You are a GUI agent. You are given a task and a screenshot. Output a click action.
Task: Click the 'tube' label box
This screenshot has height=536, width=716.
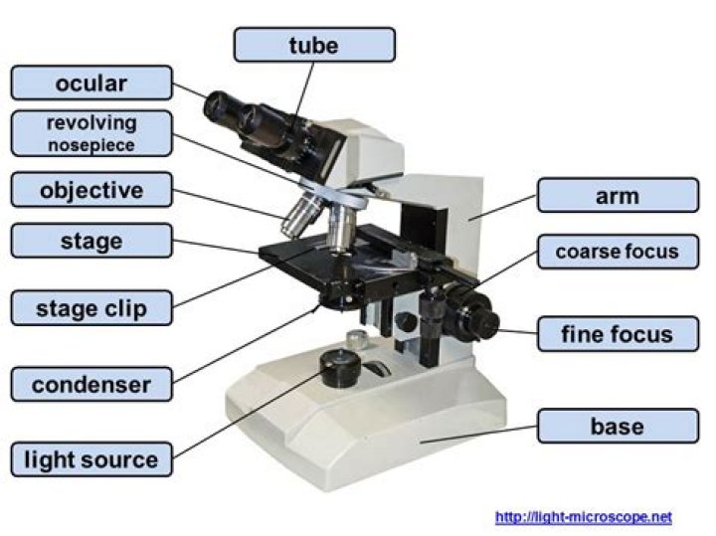tap(314, 45)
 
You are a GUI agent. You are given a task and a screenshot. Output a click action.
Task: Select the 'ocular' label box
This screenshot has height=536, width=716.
tap(91, 83)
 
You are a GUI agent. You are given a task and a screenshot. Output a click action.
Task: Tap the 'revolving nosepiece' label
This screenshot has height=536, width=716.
tap(91, 133)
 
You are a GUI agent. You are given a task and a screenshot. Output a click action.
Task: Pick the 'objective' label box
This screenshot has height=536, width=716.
tap(91, 189)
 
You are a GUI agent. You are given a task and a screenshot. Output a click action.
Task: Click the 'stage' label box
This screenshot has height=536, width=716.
tap(91, 241)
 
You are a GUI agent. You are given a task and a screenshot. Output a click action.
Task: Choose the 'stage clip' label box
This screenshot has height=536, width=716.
tap(91, 308)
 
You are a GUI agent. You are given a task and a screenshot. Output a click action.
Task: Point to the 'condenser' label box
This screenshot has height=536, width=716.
tap(91, 384)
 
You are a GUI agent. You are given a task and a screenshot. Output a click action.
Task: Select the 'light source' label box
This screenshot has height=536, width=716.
tap(91, 459)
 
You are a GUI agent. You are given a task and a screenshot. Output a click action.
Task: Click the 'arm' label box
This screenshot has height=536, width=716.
tap(618, 196)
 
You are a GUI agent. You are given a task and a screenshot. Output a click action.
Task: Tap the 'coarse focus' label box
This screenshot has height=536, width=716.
tap(618, 252)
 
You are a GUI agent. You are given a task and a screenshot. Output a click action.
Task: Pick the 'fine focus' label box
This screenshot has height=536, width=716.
tap(618, 334)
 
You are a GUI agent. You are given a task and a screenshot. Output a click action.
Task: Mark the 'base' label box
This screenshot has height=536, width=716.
tap(618, 427)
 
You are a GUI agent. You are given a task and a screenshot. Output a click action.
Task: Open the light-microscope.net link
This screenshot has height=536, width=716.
tap(583, 517)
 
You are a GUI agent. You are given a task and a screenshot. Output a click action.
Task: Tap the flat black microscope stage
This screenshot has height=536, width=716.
tap(308, 261)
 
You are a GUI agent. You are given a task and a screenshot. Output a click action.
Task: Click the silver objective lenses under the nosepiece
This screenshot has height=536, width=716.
tap(318, 221)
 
